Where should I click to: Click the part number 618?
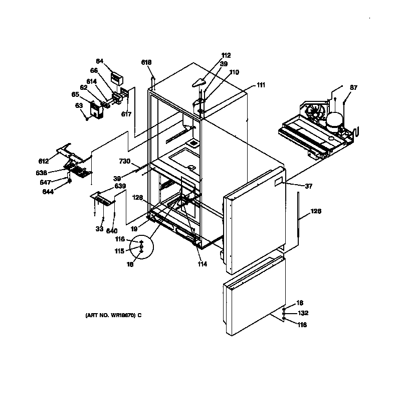click(x=146, y=62)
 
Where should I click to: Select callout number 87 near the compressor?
click(x=354, y=88)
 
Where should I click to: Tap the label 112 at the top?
click(x=226, y=56)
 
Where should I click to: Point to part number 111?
click(x=261, y=85)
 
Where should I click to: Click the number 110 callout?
click(x=234, y=72)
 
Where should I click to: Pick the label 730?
click(x=124, y=161)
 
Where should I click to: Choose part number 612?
click(x=44, y=161)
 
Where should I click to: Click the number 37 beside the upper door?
click(x=308, y=186)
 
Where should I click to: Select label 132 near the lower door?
click(x=302, y=313)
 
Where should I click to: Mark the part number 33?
click(x=99, y=230)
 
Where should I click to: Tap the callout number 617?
click(x=126, y=114)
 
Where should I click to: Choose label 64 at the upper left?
click(x=100, y=61)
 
